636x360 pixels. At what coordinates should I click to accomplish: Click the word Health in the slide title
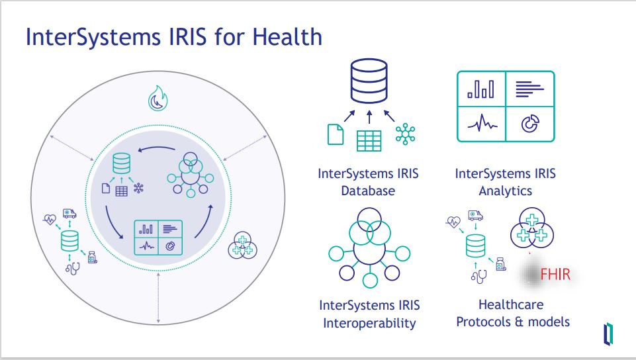(287, 36)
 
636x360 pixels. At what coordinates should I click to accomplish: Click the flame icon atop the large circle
(158, 99)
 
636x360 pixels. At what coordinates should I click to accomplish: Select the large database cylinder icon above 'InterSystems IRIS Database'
(369, 81)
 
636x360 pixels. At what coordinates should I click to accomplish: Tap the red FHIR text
(555, 275)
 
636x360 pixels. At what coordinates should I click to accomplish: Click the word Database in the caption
(368, 191)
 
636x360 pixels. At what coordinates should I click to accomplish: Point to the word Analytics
(506, 191)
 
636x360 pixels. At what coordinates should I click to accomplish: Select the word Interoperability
(369, 323)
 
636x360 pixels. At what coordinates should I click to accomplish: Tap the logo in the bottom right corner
(608, 334)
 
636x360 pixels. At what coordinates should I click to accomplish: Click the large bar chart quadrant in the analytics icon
(481, 89)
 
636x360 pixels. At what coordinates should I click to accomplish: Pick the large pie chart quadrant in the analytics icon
(530, 124)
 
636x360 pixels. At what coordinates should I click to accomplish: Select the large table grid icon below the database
(369, 141)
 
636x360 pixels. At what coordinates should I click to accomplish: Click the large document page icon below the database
(336, 134)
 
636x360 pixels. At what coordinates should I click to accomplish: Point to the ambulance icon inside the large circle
(69, 213)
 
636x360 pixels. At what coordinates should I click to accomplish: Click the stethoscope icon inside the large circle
(73, 269)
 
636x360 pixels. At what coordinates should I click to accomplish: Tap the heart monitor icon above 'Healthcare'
(453, 222)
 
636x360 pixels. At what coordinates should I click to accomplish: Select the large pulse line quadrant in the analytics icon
(481, 124)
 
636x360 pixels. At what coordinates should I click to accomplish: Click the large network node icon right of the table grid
(405, 134)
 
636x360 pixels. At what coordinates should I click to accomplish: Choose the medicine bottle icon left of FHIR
(501, 264)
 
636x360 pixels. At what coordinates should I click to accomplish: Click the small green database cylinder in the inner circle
(121, 163)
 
